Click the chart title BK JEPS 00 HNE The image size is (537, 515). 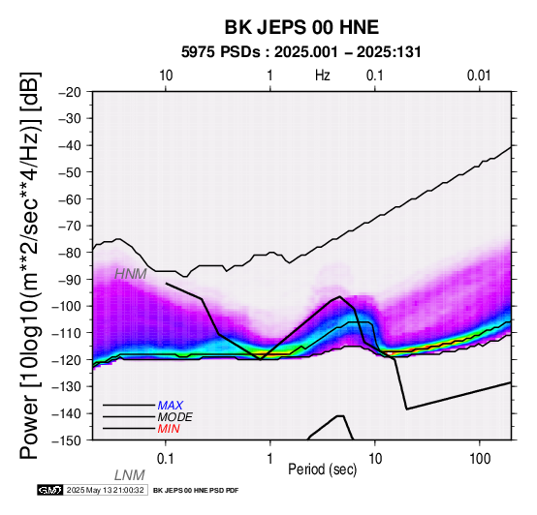tap(301, 27)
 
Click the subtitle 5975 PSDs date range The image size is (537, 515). tap(301, 52)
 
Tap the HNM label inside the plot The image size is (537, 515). tap(131, 274)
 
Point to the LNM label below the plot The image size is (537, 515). tap(130, 475)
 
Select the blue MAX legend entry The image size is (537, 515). tap(170, 406)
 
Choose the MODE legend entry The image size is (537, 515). tap(174, 417)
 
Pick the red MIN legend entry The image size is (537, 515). tap(169, 429)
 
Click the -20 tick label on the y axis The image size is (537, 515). tap(70, 92)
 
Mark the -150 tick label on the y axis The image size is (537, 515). tap(67, 440)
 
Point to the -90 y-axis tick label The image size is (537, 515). tap(70, 280)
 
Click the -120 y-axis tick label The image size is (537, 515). tap(67, 360)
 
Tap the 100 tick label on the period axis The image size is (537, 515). tap(480, 459)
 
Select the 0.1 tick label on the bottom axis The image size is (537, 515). tap(166, 459)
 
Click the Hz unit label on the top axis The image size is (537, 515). tap(322, 76)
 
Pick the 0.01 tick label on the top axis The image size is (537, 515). tap(479, 76)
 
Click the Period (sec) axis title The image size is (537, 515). tap(322, 470)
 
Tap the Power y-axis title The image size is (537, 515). tap(30, 265)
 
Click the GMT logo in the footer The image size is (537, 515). tap(50, 490)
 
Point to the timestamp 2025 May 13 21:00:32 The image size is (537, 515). tap(105, 490)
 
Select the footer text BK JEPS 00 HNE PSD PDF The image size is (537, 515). tap(196, 491)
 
